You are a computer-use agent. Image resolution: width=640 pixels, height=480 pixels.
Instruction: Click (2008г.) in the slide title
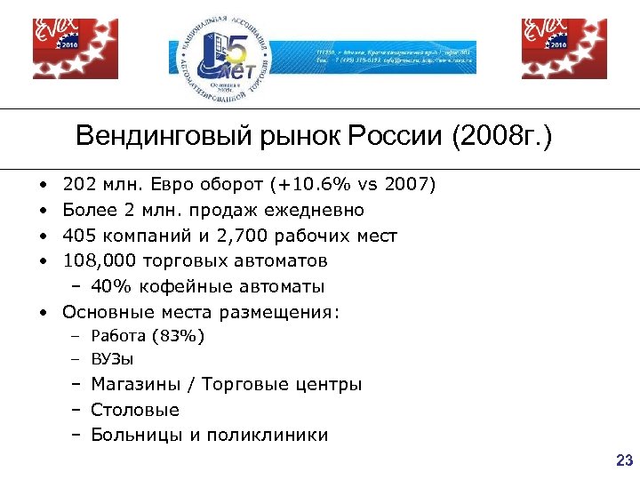coord(502,138)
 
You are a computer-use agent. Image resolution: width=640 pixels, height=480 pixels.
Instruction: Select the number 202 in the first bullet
coord(78,185)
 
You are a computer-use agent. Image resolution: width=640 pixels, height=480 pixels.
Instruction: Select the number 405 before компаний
coord(78,236)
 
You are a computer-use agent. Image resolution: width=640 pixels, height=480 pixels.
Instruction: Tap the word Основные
coord(108,312)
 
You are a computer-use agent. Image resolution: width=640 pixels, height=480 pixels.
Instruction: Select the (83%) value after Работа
coord(179,336)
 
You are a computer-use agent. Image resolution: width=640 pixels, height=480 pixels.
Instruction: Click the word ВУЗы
coord(112,360)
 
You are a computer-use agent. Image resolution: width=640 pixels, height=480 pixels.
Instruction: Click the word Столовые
coord(135,410)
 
